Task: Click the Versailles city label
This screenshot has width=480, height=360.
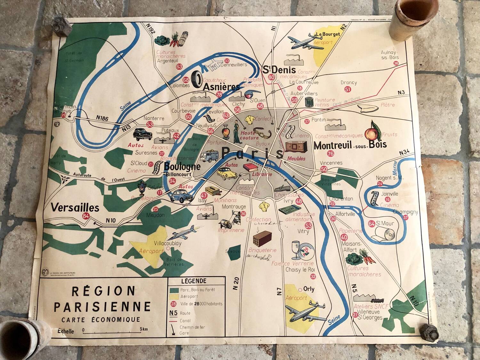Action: (x=75, y=208)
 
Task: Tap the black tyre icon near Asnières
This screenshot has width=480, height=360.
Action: (x=197, y=79)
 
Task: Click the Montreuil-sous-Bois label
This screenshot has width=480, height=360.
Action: (x=350, y=145)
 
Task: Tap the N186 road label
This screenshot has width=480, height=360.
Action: (x=102, y=118)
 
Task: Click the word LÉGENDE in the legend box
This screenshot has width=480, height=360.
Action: (x=194, y=281)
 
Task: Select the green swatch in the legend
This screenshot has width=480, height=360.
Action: (x=174, y=290)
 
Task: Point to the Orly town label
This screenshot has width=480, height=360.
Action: (x=308, y=289)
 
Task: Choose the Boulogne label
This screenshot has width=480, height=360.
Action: (x=182, y=166)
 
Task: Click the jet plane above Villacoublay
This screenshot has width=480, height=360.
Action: (x=183, y=233)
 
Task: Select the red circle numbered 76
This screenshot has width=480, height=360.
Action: (x=331, y=154)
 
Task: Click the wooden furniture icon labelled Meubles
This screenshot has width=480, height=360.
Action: (x=296, y=147)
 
